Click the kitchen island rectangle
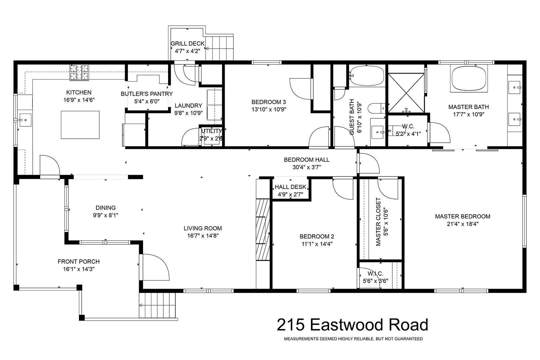(x=80, y=125)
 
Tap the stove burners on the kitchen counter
(x=79, y=72)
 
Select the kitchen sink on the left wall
(x=25, y=120)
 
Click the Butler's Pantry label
(x=147, y=94)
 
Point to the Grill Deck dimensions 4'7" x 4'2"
(x=188, y=51)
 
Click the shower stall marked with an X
(x=406, y=93)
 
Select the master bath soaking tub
(x=469, y=79)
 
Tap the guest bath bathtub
(x=366, y=76)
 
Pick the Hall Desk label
(x=290, y=187)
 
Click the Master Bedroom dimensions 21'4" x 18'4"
(x=463, y=224)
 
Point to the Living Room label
(x=203, y=228)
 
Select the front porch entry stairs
(x=157, y=305)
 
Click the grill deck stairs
(x=219, y=48)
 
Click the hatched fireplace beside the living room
(x=263, y=230)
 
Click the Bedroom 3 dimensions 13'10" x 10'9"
(x=269, y=109)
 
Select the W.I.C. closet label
(x=375, y=273)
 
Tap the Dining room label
(x=106, y=208)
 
